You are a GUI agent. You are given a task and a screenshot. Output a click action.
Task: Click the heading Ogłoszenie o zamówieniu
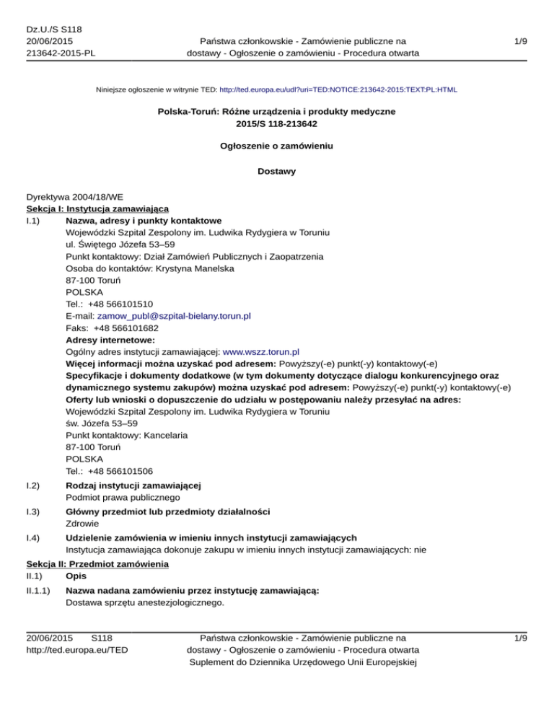pyautogui.click(x=276, y=145)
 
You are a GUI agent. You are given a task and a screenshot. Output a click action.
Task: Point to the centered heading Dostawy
pyautogui.click(x=276, y=172)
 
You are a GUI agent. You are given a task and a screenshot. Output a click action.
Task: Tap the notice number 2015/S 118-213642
pyautogui.click(x=276, y=124)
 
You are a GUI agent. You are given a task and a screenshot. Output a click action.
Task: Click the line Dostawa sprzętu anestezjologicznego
pyautogui.click(x=151, y=602)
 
